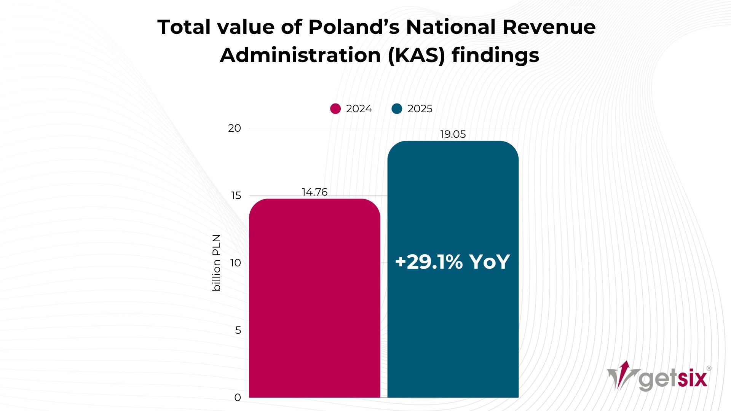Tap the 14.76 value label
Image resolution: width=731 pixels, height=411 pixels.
314,192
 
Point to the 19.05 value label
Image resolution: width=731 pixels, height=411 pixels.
453,134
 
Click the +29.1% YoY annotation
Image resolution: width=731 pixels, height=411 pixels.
452,262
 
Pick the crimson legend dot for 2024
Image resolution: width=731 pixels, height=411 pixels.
335,109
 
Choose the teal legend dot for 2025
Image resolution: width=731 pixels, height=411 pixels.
397,109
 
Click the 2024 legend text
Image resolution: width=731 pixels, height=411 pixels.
359,109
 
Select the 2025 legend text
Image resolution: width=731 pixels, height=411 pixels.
420,109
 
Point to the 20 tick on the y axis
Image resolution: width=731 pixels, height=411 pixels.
235,128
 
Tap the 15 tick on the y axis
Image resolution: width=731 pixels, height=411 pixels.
236,196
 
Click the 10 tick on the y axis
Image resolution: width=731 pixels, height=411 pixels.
236,263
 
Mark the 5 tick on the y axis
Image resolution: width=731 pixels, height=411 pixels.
238,330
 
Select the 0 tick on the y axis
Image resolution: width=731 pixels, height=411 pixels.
238,398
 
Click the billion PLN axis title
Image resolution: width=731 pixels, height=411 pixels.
216,263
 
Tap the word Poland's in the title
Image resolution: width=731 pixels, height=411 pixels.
354,27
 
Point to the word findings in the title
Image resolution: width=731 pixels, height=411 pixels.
495,56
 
